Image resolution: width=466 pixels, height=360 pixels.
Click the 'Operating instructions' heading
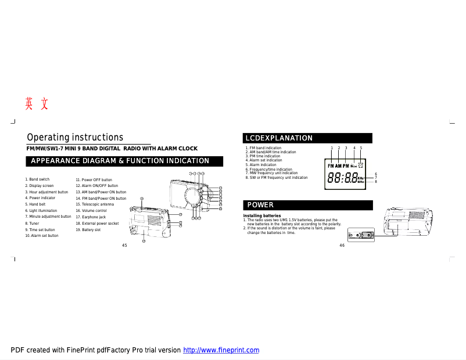tap(75, 138)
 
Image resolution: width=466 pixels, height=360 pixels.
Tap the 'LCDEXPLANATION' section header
tap(279, 138)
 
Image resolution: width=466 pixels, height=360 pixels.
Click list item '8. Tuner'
tap(33, 223)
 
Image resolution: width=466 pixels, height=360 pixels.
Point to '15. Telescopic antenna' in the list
tap(95, 204)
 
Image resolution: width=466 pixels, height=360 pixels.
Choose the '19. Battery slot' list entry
tap(88, 230)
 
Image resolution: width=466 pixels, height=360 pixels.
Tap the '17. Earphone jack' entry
tap(91, 217)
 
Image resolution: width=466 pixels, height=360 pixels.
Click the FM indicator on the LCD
tap(331, 166)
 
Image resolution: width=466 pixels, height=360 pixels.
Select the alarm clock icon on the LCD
tap(361, 165)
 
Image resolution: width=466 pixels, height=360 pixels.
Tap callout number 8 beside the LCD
tap(376, 182)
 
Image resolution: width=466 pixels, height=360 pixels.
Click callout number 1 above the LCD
tap(332, 148)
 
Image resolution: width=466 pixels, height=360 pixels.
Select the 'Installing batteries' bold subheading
tap(261, 216)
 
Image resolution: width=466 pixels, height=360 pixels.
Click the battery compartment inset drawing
tap(361, 235)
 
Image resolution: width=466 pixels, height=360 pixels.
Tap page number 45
tap(124, 246)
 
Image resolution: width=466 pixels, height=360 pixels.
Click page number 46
tap(342, 246)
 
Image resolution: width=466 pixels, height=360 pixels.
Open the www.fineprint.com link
tap(221, 350)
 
